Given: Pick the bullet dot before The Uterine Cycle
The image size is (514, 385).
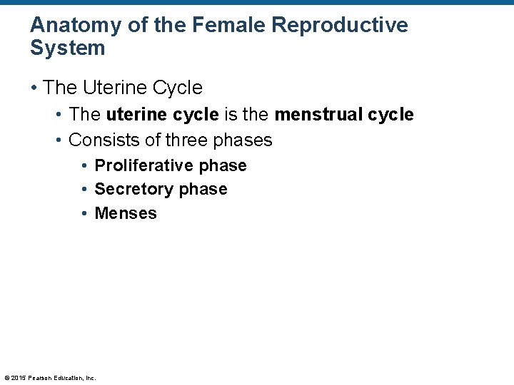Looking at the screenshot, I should point(34,88).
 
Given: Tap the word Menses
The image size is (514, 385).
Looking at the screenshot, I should point(126,213).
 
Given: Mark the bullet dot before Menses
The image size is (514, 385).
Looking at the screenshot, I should point(84,213).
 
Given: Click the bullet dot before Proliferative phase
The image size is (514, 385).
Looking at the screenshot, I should point(84,166).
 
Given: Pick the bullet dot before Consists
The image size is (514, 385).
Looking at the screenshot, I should point(59,140).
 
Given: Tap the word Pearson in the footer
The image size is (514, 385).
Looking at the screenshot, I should point(40,378).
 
